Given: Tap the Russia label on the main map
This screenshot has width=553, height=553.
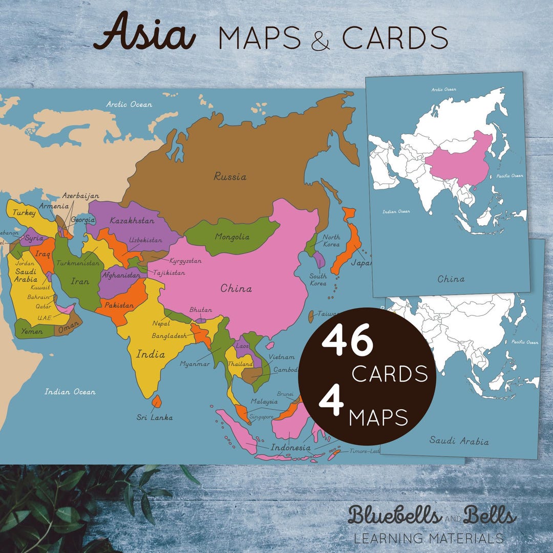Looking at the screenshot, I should pyautogui.click(x=230, y=177).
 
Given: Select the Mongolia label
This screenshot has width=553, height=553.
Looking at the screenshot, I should pyautogui.click(x=232, y=237).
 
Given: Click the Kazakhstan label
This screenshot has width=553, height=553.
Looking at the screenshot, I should pyautogui.click(x=132, y=221).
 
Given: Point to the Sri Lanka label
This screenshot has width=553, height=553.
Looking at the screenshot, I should pyautogui.click(x=154, y=417).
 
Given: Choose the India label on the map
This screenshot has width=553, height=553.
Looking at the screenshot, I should pyautogui.click(x=151, y=354).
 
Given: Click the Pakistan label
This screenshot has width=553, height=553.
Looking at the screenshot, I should pyautogui.click(x=118, y=305).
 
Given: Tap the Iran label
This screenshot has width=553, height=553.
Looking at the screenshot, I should pyautogui.click(x=80, y=281).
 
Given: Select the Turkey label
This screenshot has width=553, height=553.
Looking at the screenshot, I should pyautogui.click(x=24, y=212).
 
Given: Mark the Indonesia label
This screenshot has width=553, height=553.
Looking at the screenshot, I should pyautogui.click(x=290, y=448).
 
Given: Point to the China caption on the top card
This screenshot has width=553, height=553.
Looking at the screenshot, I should pyautogui.click(x=451, y=279).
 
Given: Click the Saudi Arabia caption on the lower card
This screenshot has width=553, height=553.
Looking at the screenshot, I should pyautogui.click(x=459, y=441).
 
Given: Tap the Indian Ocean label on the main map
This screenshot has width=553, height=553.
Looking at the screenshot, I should pyautogui.click(x=70, y=392).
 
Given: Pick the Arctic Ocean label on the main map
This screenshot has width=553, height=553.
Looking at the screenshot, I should pyautogui.click(x=129, y=104).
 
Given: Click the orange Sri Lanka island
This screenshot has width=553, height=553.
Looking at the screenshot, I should pyautogui.click(x=157, y=401).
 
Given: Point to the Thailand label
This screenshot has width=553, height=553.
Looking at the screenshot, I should pyautogui.click(x=240, y=364).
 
